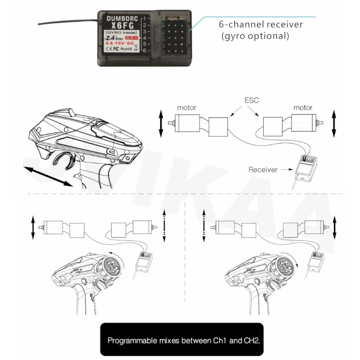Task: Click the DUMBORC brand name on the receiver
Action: [119, 18]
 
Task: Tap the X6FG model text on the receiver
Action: [119, 26]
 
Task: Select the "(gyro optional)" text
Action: [255, 36]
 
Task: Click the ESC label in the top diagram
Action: [252, 100]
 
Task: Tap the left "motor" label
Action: [186, 108]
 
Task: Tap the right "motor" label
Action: [303, 108]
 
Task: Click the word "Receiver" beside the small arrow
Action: [262, 170]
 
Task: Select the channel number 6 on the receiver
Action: [144, 50]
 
